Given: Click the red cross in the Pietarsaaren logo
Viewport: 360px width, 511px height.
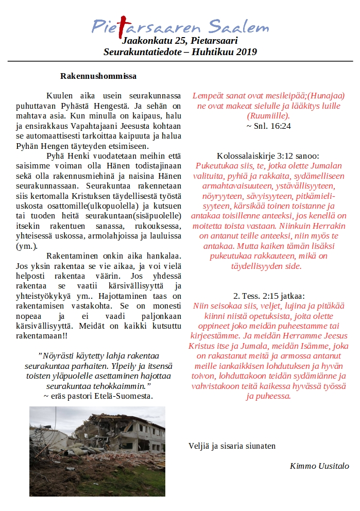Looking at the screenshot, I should [121, 26].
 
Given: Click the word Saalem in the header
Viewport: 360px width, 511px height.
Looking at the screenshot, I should [239, 26].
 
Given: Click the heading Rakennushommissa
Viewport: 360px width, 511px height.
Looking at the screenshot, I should [98, 76].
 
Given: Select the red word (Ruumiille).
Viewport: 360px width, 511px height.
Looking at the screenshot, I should [268, 116].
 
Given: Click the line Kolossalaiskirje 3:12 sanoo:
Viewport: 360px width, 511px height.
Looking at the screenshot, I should [268, 156].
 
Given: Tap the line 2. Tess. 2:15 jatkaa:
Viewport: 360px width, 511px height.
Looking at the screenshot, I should [268, 296].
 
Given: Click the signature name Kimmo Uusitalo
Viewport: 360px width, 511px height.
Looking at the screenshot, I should [319, 466].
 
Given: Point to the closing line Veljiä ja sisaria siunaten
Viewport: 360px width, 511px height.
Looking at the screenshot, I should [232, 446].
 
